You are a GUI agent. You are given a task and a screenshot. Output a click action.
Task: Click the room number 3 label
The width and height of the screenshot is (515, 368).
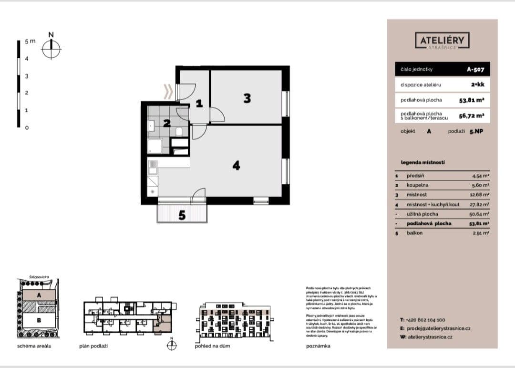coord(247,98)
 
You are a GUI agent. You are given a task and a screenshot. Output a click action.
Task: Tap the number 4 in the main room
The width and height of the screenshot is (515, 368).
coord(236,166)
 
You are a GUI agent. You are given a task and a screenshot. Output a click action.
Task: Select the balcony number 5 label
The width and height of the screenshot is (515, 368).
coord(182,215)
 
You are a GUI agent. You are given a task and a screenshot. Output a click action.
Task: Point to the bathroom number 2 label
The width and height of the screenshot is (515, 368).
coord(166,123)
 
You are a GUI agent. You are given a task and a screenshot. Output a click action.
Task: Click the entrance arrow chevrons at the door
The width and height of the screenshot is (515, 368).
coord(168,91)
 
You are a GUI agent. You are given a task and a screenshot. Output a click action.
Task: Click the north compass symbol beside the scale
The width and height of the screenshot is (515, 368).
coord(51,48)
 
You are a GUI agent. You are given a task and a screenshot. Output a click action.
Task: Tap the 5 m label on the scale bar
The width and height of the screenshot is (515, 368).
coord(30,42)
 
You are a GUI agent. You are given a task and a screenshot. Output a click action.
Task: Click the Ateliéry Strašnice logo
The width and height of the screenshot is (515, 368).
coord(443,42)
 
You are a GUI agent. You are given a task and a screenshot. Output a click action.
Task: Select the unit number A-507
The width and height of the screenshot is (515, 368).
coord(475,69)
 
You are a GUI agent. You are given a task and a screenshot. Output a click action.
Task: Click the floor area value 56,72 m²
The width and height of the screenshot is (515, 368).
coord(472,115)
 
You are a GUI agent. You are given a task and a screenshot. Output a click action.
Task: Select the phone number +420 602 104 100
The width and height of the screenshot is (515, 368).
coord(426,320)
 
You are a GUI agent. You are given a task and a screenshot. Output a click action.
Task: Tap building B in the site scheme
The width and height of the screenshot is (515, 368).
coord(39,320)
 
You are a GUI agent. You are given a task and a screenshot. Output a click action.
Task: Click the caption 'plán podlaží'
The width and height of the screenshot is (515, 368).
coord(93,346)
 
